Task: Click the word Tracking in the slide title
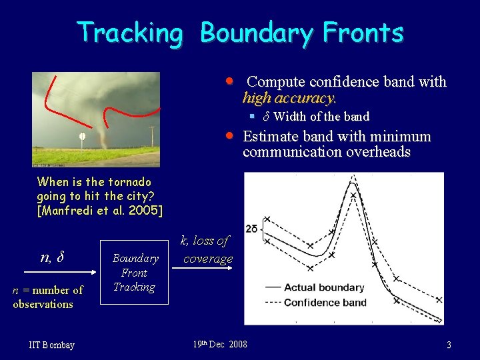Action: point(129,32)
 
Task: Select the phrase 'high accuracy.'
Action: point(289,98)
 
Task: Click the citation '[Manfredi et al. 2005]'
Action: point(99,211)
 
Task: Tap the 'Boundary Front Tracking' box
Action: point(134,273)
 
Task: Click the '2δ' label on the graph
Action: point(252,229)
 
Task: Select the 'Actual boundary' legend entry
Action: point(315,287)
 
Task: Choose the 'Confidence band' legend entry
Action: point(315,302)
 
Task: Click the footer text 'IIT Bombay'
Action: point(52,345)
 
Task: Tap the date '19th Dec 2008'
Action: point(219,344)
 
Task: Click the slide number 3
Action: point(449,345)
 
